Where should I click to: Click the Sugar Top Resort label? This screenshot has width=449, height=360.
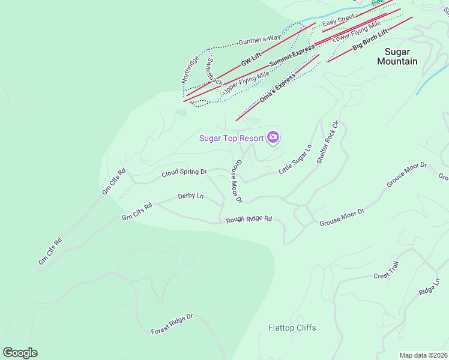[232, 138]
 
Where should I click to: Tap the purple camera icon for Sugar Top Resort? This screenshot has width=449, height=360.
[274, 137]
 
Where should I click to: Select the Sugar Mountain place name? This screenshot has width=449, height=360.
[397, 56]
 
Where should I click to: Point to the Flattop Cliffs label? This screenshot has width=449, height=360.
[292, 328]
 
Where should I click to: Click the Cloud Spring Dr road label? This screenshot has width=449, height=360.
[184, 173]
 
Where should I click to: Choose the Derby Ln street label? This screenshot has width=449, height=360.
[191, 196]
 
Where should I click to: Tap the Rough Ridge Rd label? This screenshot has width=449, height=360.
[249, 220]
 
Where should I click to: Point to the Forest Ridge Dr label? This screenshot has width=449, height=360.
[172, 323]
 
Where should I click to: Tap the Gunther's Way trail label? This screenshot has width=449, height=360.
[259, 40]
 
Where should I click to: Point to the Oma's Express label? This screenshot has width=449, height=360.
[277, 88]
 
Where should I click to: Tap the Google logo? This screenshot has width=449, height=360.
[20, 353]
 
